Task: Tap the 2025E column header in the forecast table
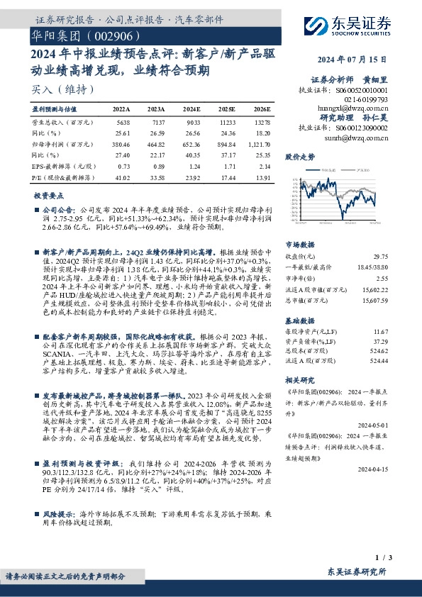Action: pos(226,110)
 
